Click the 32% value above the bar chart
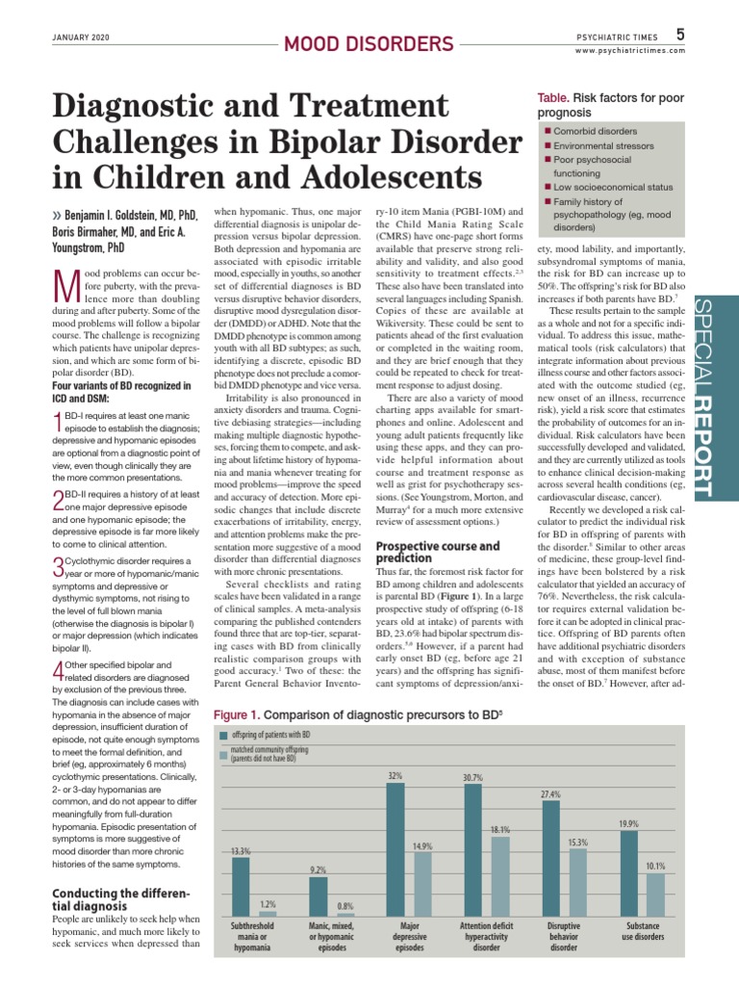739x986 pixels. click(395, 774)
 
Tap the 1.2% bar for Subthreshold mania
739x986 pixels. click(268, 914)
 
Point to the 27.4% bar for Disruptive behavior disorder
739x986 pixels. click(551, 858)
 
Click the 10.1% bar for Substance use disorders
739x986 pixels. click(655, 895)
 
